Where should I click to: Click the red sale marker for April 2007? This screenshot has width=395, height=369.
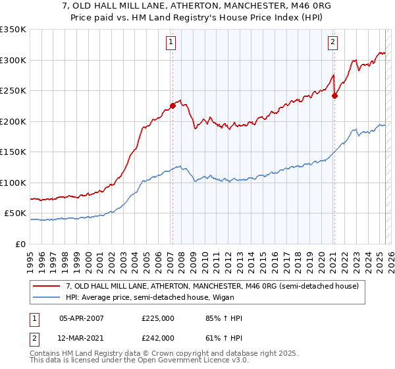coord(172,105)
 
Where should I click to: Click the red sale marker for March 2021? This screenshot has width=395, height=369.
coord(334,95)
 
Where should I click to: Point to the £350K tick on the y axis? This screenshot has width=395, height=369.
coord(13,30)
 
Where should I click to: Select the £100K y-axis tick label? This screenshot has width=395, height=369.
coord(13,183)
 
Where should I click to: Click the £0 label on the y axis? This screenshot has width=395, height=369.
coord(20,244)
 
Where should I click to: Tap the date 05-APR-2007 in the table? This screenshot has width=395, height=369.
coord(83,318)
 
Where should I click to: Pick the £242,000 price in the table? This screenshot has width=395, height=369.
coord(157,337)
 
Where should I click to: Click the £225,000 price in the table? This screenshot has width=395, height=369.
coord(157,318)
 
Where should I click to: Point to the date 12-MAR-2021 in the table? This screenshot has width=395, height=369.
coord(83,337)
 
